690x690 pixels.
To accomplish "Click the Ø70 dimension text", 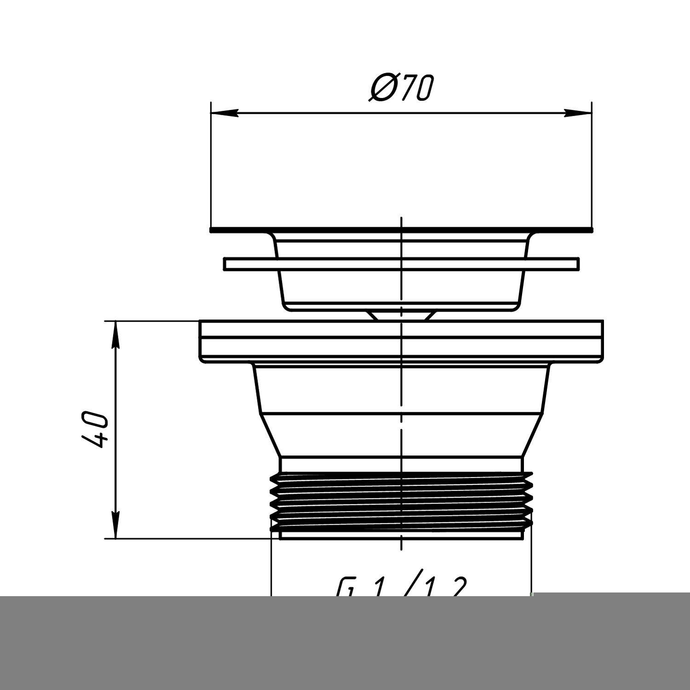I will [401, 88].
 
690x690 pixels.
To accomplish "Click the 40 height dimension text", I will [96, 430].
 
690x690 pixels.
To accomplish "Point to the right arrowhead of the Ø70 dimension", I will [578, 113].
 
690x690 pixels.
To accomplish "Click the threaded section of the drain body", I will [402, 501].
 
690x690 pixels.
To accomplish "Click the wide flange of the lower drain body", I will [402, 340].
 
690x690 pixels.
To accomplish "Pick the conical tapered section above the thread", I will [402, 435].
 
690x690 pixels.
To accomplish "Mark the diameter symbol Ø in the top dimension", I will [381, 88].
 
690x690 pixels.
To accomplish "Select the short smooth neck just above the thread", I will [402, 465].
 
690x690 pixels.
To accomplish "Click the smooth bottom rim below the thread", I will [402, 535].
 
